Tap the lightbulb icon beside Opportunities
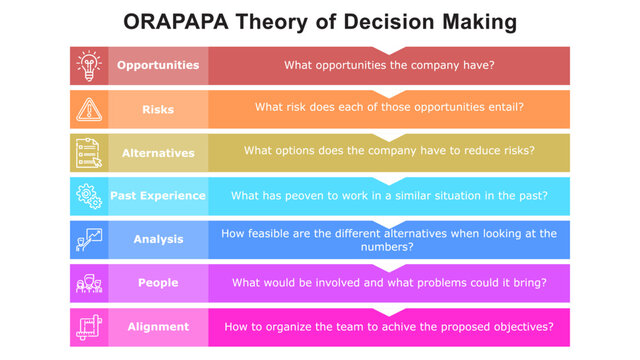[89, 66]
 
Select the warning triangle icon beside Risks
[89, 109]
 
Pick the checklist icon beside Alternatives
[89, 153]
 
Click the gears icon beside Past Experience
[89, 196]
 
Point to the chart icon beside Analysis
[89, 240]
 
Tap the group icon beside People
[89, 284]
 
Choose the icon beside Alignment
[89, 327]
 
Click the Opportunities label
[158, 66]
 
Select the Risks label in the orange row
[158, 109]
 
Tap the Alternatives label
[158, 153]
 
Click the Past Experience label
[158, 196]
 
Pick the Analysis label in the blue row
[158, 240]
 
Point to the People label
[158, 283]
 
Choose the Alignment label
[158, 327]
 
